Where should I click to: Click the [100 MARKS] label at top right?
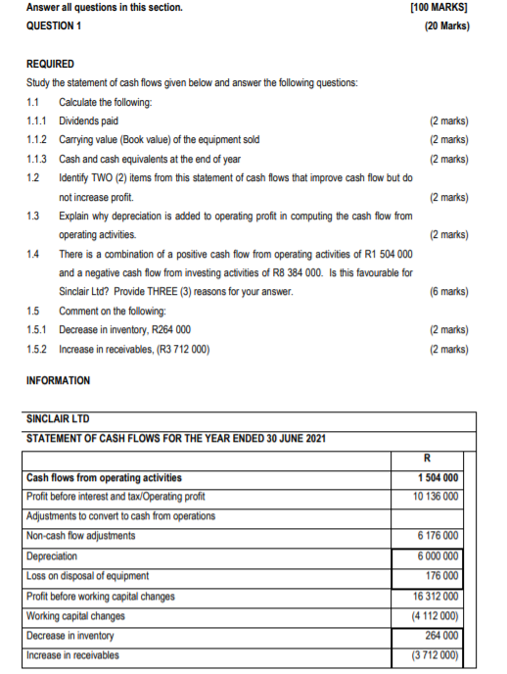point(440,8)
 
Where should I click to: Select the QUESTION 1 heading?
point(54,26)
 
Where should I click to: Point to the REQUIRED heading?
point(50,64)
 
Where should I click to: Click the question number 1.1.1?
point(39,120)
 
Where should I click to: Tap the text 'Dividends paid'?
point(89,120)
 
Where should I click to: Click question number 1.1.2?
point(39,140)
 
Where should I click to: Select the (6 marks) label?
point(448,292)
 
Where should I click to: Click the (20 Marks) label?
point(446,26)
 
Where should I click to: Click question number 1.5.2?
point(39,349)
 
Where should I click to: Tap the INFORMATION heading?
point(58,380)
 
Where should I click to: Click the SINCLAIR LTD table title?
point(57,418)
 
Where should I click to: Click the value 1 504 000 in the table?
point(438,478)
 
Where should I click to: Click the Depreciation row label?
point(52,555)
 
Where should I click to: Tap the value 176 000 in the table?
point(443,575)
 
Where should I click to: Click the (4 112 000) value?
point(437,615)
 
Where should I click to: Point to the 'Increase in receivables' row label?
point(72,654)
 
